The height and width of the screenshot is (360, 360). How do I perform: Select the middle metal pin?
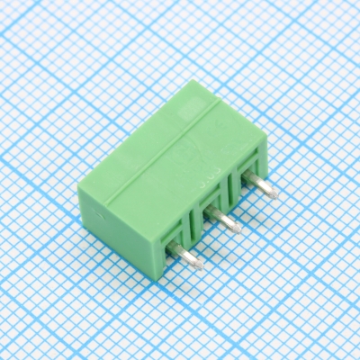coord(225,220)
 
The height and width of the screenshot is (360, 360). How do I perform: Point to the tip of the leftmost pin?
coord(199,265)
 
